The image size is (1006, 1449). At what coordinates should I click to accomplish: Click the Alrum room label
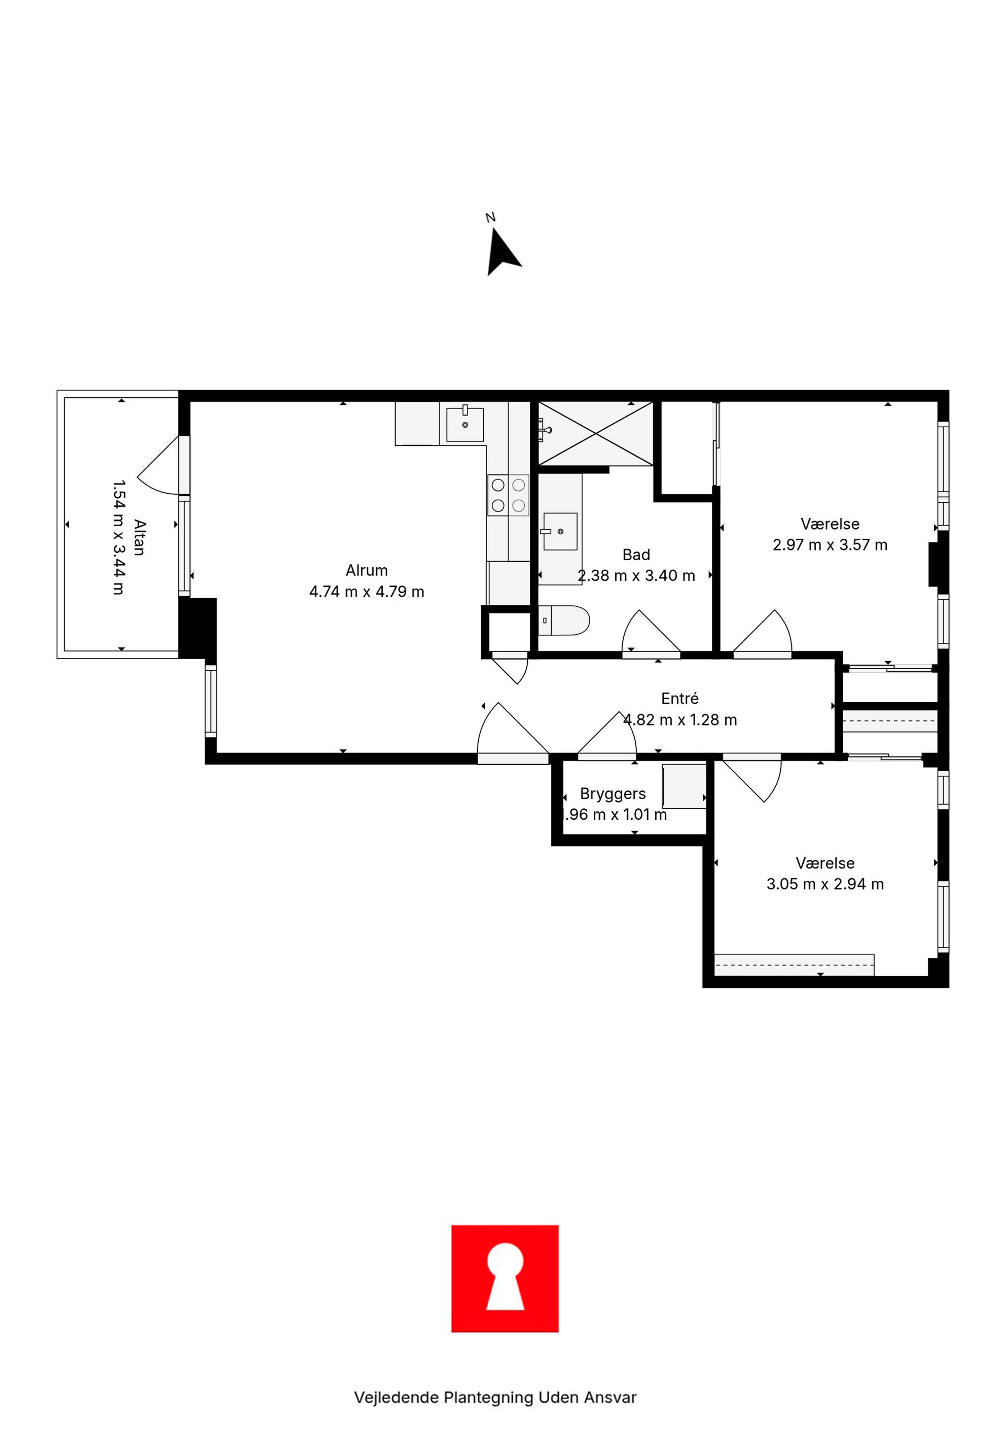366,570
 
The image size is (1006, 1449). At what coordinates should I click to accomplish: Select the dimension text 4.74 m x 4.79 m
366,592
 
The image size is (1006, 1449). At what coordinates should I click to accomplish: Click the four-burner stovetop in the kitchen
508,495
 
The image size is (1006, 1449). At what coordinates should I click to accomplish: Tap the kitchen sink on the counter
465,424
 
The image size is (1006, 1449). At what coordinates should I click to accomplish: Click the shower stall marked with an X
595,434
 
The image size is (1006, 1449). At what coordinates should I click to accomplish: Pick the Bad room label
636,554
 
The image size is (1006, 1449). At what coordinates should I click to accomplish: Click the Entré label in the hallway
679,698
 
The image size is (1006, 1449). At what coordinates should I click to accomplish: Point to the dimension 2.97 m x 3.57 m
830,545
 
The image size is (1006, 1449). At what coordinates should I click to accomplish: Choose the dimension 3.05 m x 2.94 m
825,884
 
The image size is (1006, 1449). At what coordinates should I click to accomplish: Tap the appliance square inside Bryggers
684,786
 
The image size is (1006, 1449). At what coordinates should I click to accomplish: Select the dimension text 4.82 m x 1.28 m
680,719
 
